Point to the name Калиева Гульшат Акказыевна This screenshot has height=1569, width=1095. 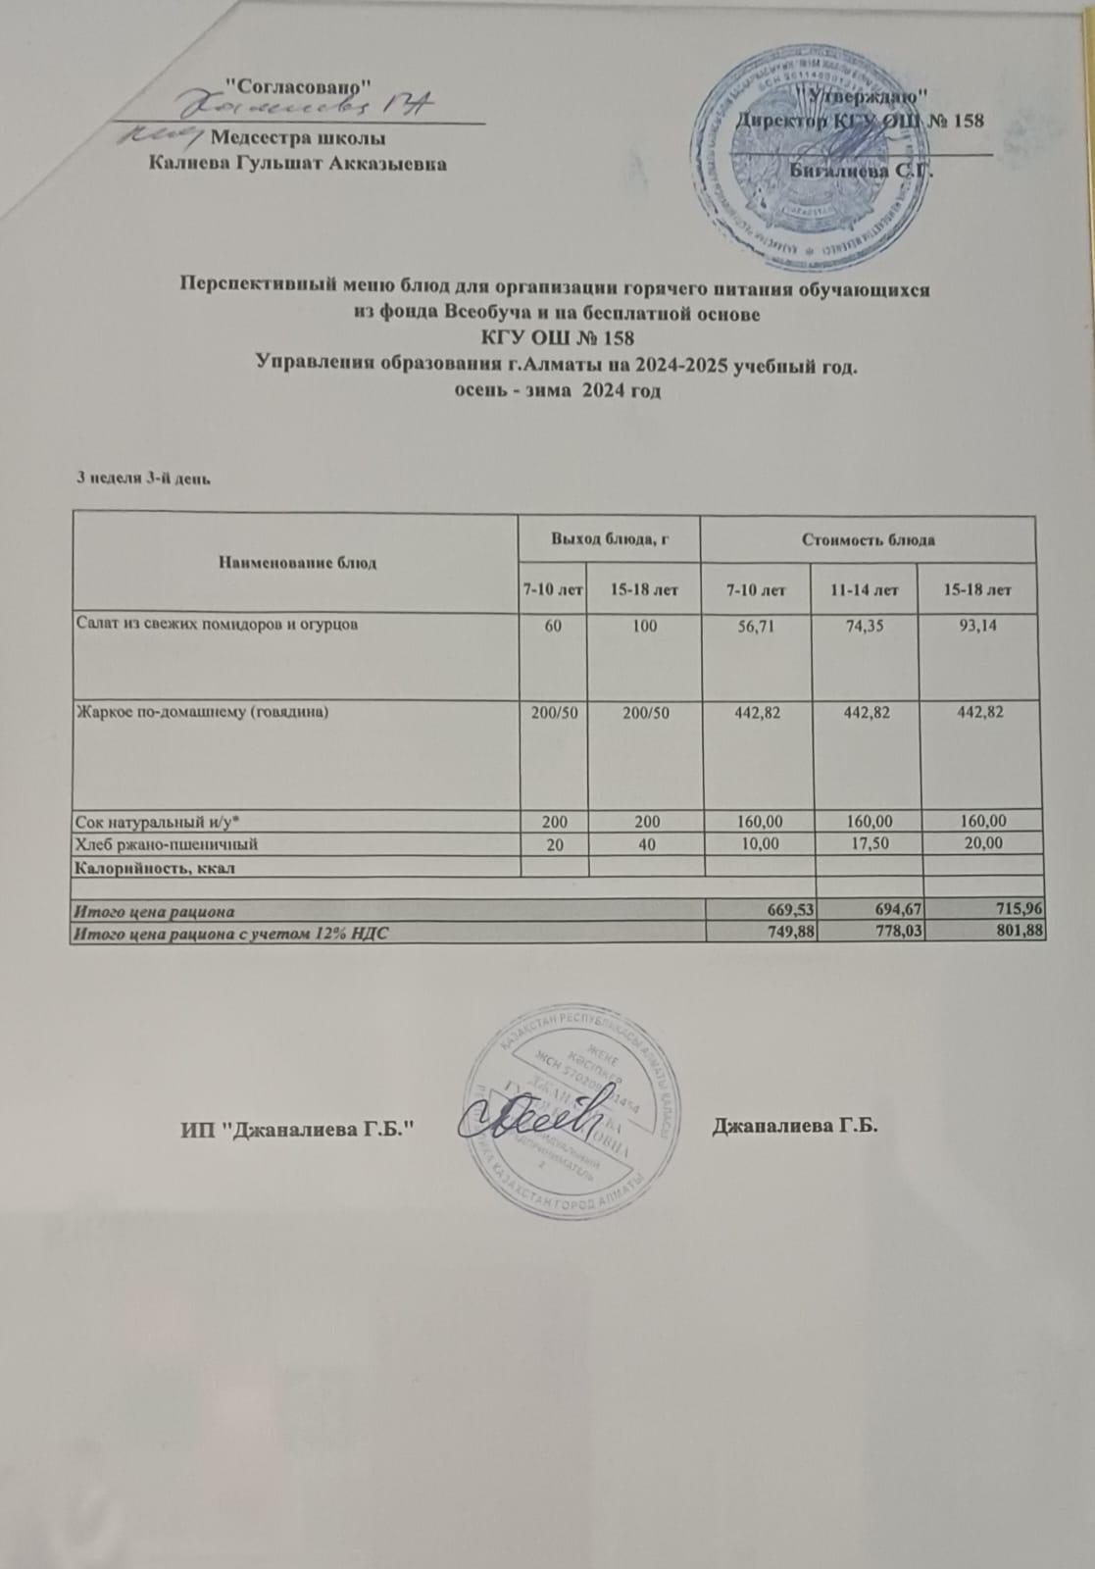tap(297, 164)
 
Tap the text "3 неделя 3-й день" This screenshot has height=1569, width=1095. tap(145, 479)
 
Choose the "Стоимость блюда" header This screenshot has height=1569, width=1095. tap(868, 539)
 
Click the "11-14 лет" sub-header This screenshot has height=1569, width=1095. tap(867, 589)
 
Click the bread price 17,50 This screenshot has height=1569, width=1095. tap(867, 843)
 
